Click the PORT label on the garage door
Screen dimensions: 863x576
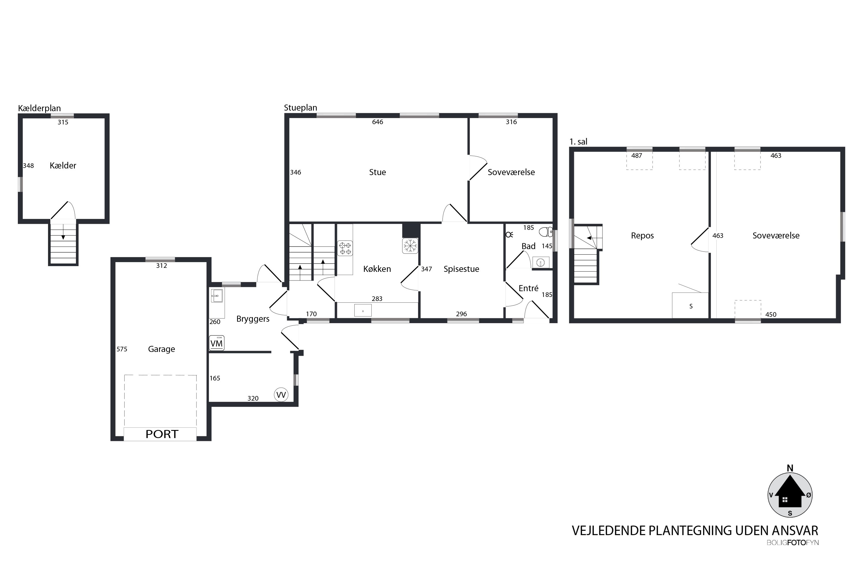(162, 434)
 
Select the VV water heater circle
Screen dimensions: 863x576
(281, 395)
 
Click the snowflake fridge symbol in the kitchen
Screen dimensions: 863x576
(410, 246)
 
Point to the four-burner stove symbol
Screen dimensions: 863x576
(345, 248)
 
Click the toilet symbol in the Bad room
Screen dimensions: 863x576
(546, 232)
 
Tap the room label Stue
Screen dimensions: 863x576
(377, 172)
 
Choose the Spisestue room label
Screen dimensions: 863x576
(461, 269)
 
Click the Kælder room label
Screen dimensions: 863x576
(63, 166)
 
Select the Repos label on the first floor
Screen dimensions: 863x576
(642, 236)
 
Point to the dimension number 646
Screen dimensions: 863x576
(377, 122)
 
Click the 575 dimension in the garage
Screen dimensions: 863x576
(122, 349)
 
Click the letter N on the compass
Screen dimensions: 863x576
(790, 468)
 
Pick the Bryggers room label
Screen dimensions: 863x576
(253, 319)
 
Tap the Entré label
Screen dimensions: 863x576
(528, 288)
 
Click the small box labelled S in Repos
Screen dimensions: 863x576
(690, 306)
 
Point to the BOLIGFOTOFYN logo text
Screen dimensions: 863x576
(793, 543)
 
